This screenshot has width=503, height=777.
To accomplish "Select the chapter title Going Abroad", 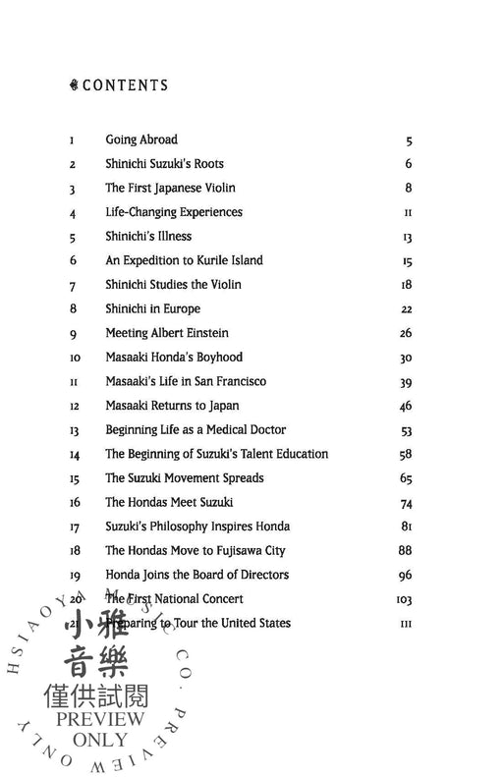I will click(x=141, y=139).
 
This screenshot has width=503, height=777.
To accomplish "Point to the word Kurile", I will click(x=214, y=260).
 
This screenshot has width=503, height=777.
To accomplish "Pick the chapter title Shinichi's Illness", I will click(x=148, y=237).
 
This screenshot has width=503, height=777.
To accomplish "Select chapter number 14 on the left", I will click(x=75, y=455).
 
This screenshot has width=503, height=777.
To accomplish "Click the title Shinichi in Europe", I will click(x=152, y=308).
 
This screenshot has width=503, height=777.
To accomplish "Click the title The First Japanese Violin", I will click(x=171, y=188).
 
